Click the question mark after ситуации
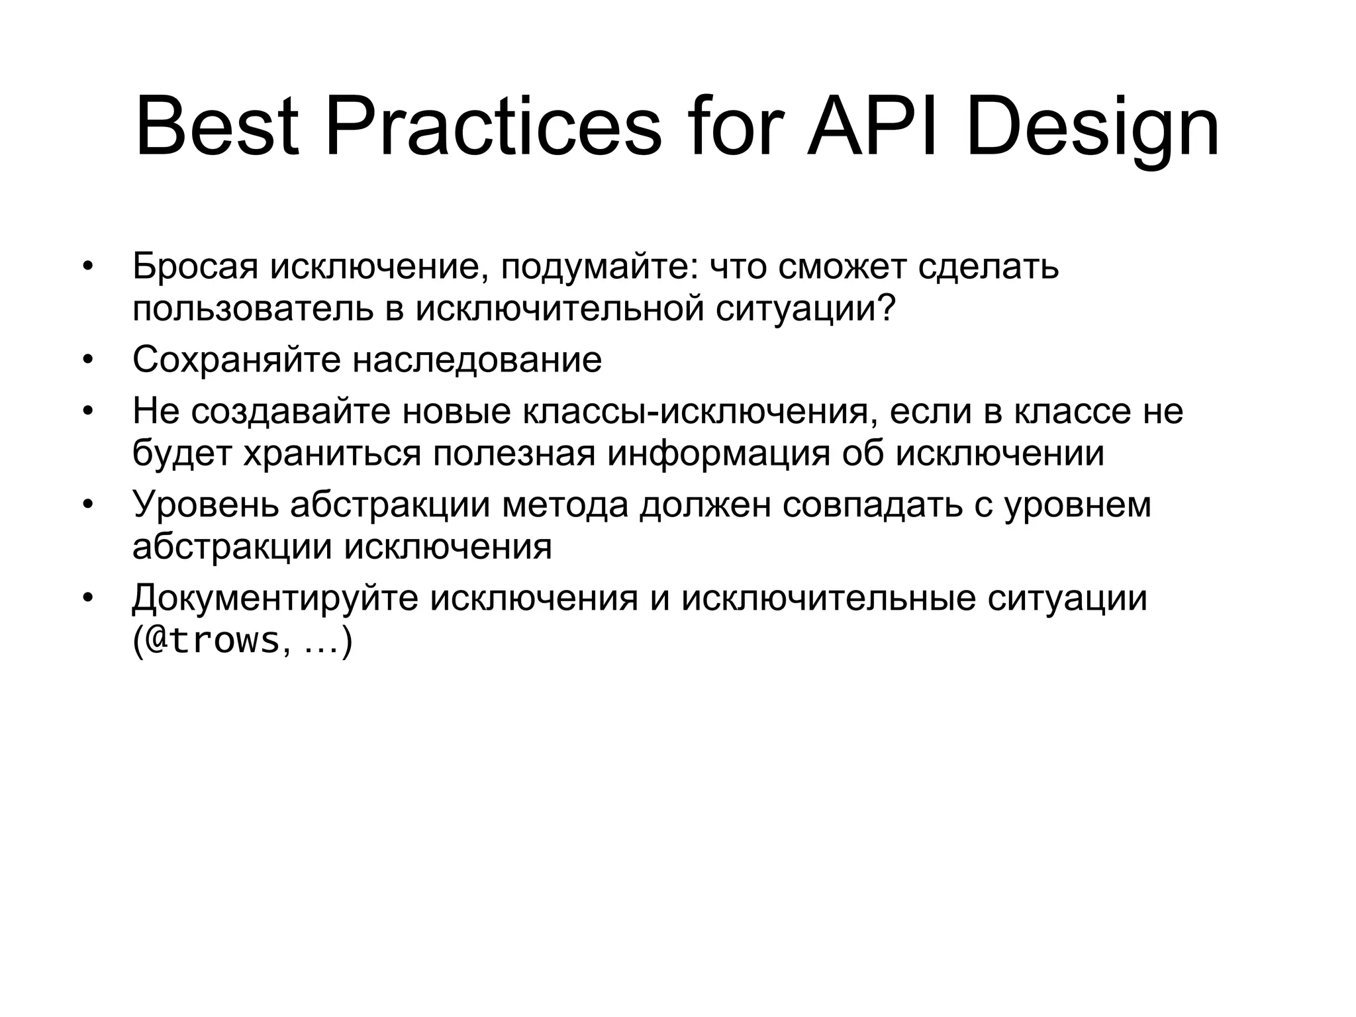tap(887, 308)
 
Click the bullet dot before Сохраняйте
tap(86, 362)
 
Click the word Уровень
tap(205, 505)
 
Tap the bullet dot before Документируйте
tap(86, 599)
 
